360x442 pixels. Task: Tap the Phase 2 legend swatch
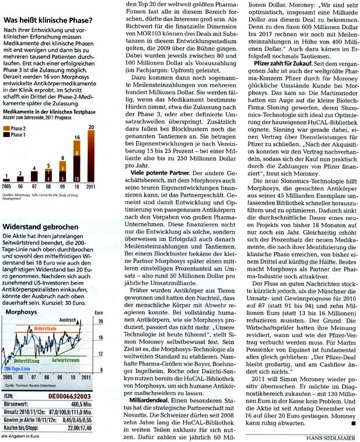(7, 127)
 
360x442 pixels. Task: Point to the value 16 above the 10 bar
(76, 138)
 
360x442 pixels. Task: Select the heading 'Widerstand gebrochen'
(40, 226)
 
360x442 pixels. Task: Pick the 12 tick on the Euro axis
(100, 354)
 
